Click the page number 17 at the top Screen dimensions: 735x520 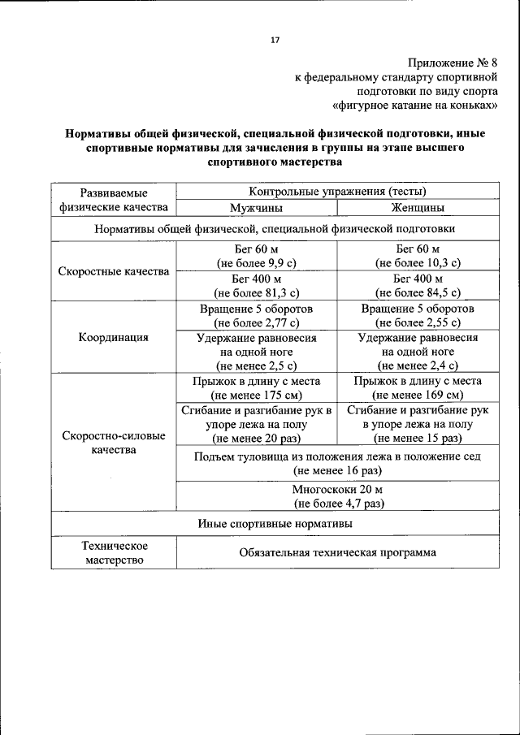(275, 40)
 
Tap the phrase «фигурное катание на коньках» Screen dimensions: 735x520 (424, 106)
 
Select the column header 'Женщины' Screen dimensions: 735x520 (417, 208)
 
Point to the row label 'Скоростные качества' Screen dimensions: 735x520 (114, 271)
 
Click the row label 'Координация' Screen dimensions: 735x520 (114, 337)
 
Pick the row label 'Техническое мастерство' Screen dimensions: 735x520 (114, 553)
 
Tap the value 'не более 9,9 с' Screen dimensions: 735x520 (256, 263)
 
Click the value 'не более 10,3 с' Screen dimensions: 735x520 (417, 263)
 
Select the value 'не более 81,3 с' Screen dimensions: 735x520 (256, 292)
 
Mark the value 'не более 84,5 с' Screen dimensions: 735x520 (417, 292)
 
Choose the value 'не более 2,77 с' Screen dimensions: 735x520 (256, 322)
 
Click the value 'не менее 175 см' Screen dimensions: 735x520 (256, 396)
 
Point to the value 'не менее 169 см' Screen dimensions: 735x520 (417, 396)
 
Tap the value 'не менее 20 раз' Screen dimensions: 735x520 (256, 439)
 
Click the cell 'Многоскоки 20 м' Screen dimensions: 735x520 (337, 489)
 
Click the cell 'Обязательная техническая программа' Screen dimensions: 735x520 (337, 553)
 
